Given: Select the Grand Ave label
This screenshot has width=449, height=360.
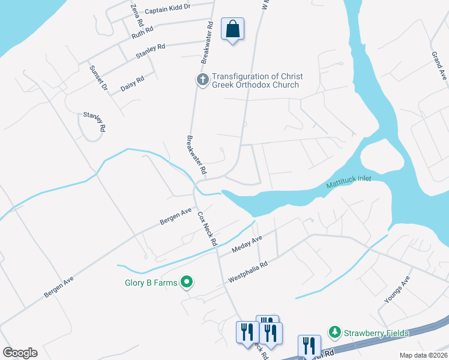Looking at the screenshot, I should tap(439, 66).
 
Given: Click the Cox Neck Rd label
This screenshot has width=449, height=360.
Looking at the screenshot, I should tap(207, 229).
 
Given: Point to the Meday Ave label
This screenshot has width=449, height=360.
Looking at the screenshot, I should tap(247, 244).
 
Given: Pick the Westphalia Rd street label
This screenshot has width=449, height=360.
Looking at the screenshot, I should tap(248, 271).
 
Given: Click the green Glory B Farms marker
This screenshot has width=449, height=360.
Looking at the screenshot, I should tap(187, 281).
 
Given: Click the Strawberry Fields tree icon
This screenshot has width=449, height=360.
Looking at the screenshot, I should tap(334, 332).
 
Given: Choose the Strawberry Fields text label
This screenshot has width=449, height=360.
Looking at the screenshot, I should tap(376, 333).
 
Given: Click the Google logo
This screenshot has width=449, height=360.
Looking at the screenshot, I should tap(20, 353).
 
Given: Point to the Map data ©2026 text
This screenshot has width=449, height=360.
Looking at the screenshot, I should tap(423, 355).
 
